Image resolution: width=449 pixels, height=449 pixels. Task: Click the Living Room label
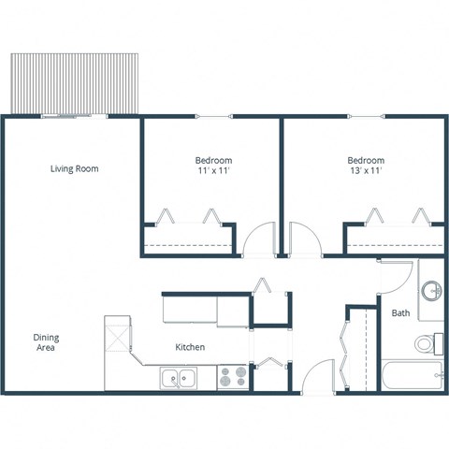pyautogui.click(x=74, y=169)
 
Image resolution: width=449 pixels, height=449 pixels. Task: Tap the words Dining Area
pyautogui.click(x=45, y=342)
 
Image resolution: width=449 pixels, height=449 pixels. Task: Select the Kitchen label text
pyautogui.click(x=190, y=347)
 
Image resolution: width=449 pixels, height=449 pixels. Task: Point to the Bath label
pyautogui.click(x=400, y=313)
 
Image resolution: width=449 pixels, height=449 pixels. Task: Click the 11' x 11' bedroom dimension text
pyautogui.click(x=213, y=171)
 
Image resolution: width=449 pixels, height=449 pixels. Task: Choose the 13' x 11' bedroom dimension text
pyautogui.click(x=365, y=171)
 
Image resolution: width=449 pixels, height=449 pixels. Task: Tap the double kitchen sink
pyautogui.click(x=178, y=378)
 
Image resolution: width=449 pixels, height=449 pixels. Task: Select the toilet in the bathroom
pyautogui.click(x=426, y=343)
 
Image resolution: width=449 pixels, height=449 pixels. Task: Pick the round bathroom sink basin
pyautogui.click(x=432, y=291)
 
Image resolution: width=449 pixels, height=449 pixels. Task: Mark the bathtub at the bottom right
pyautogui.click(x=412, y=377)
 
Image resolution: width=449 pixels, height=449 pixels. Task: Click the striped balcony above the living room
pyautogui.click(x=74, y=82)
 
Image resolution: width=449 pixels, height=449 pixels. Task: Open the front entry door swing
pyautogui.click(x=318, y=376)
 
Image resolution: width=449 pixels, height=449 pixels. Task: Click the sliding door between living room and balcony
pyautogui.click(x=74, y=116)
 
